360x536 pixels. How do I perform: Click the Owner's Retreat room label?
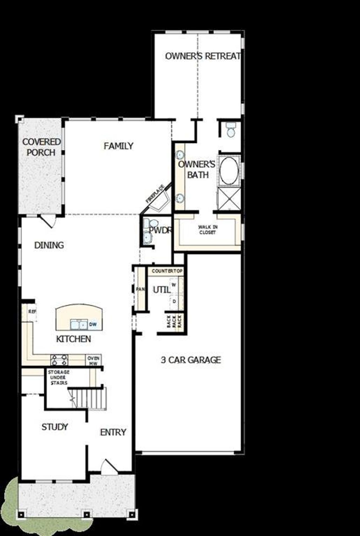(203, 56)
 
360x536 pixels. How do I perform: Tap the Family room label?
(118, 146)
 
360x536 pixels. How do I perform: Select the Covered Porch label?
(41, 147)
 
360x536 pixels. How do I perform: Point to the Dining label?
(49, 245)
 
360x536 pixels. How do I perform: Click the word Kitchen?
(73, 339)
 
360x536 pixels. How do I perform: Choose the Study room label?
(55, 427)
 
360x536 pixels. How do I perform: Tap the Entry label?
(113, 432)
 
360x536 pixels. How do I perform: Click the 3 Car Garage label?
(191, 360)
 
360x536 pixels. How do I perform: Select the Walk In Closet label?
(208, 230)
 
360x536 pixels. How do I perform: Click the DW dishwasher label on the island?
(93, 324)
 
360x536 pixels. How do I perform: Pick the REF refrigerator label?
(31, 311)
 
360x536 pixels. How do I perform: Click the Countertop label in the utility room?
(167, 271)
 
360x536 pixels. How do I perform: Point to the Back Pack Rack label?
(174, 321)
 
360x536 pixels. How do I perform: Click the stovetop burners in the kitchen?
(59, 360)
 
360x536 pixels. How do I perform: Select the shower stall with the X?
(229, 199)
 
